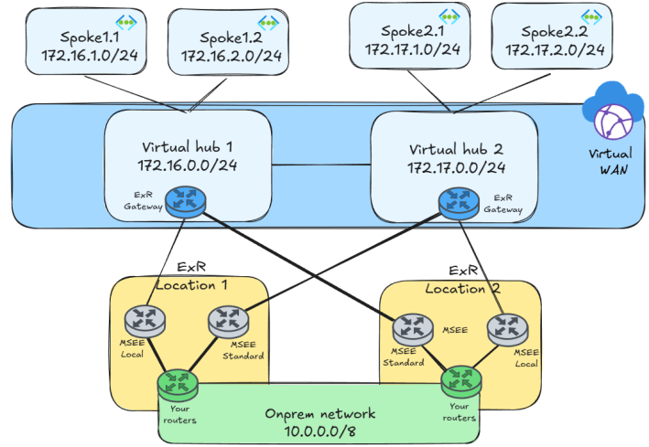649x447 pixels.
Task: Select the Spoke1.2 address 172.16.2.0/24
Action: [x=231, y=57]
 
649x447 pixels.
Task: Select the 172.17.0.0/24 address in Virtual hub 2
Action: [x=457, y=167]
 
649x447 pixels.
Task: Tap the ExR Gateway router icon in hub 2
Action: [x=458, y=202]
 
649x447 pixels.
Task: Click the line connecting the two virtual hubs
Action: [x=320, y=165]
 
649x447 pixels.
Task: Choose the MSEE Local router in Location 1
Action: [x=145, y=320]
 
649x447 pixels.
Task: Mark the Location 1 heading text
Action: [x=191, y=284]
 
